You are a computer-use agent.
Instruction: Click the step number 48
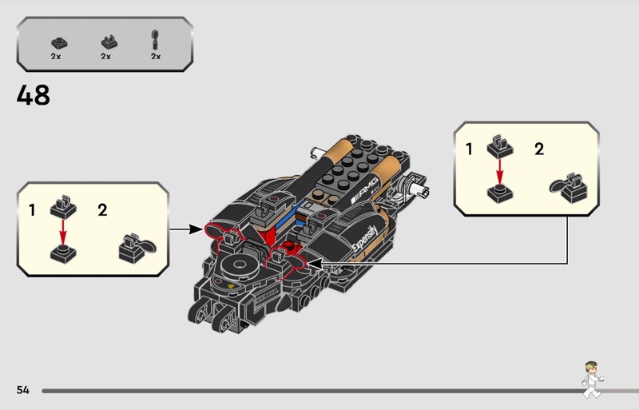coord(33,96)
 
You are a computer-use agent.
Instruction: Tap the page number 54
coord(22,390)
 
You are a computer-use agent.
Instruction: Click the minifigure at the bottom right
coord(591,379)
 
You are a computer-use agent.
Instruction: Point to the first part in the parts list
coord(57,41)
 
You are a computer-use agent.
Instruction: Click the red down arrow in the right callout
coord(500,170)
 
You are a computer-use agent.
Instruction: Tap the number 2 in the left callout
coord(102,211)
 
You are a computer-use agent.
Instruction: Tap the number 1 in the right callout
coord(469,149)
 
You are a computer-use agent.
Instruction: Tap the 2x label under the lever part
coord(155,58)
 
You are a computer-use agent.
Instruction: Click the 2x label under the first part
coord(56,58)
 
